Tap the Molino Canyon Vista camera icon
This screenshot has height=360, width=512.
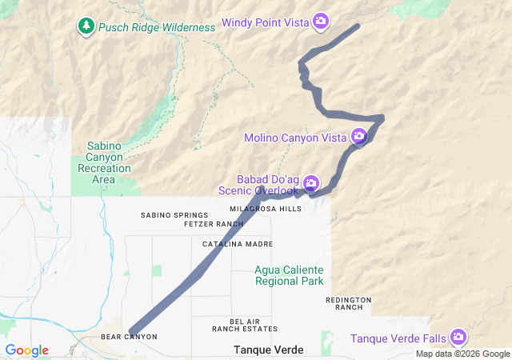click(x=359, y=137)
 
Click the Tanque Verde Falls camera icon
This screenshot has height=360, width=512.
click(x=458, y=337)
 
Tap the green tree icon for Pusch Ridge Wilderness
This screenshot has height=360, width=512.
click(x=86, y=26)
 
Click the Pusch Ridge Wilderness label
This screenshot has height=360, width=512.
click(x=157, y=27)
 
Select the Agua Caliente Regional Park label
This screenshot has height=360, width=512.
click(x=289, y=275)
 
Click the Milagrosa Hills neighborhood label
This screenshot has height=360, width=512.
click(x=266, y=209)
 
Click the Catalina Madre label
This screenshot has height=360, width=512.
click(x=237, y=243)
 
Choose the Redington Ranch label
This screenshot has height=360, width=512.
click(x=349, y=303)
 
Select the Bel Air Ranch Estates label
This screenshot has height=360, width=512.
click(x=245, y=324)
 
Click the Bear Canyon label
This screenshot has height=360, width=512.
click(x=129, y=337)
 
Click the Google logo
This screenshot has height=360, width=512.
click(x=26, y=350)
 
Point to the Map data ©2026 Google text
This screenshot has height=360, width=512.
click(x=462, y=354)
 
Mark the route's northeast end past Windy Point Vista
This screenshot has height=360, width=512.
click(x=357, y=26)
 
